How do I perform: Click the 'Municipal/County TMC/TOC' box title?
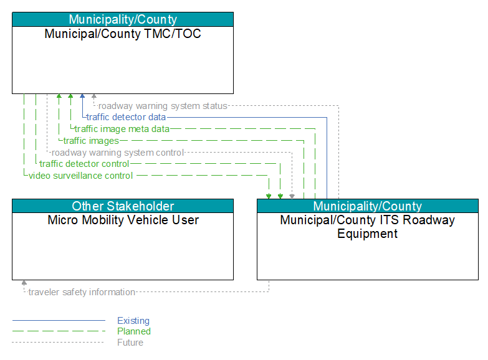pos(123,34)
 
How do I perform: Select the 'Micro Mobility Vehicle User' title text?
pos(123,220)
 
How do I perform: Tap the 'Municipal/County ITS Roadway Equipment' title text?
pos(368,227)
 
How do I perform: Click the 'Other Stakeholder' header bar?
pos(123,206)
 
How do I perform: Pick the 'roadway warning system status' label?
pos(163,106)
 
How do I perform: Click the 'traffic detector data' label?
pos(126,117)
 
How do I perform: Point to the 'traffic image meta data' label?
pos(122,129)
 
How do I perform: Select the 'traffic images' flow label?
pos(91,141)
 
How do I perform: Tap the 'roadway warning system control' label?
pos(118,153)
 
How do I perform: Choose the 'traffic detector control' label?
pos(84,164)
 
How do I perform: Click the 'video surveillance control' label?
pos(80,176)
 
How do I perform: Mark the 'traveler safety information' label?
pos(82,292)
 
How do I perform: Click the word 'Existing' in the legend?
pos(133,321)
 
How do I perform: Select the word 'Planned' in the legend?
pos(134,331)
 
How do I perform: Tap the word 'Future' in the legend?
pos(130,343)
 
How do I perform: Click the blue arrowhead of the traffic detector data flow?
pos(82,96)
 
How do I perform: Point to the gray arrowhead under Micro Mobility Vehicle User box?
pos(24,283)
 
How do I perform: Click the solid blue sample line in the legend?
pos(59,320)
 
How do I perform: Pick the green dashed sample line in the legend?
pos(59,331)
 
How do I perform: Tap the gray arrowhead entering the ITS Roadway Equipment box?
pos(292,196)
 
